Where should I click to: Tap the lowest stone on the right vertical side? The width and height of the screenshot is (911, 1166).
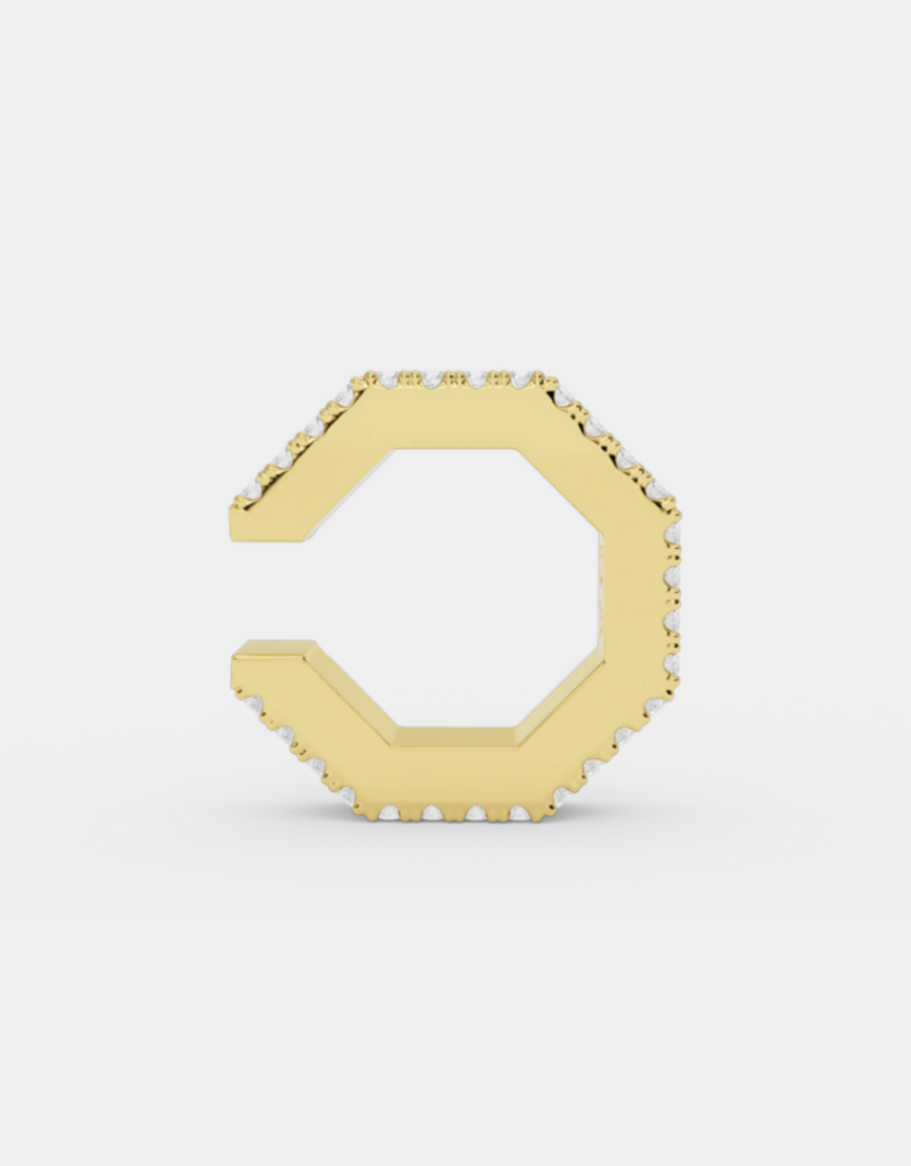click(674, 663)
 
